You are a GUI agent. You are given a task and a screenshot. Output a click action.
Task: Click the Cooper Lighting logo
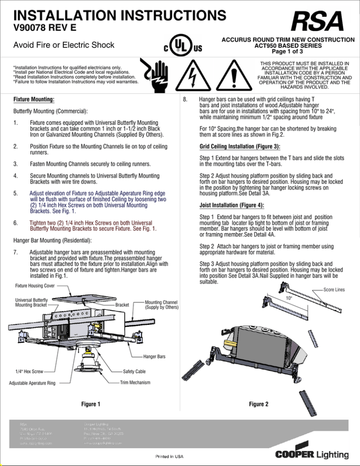[x=312, y=454]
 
